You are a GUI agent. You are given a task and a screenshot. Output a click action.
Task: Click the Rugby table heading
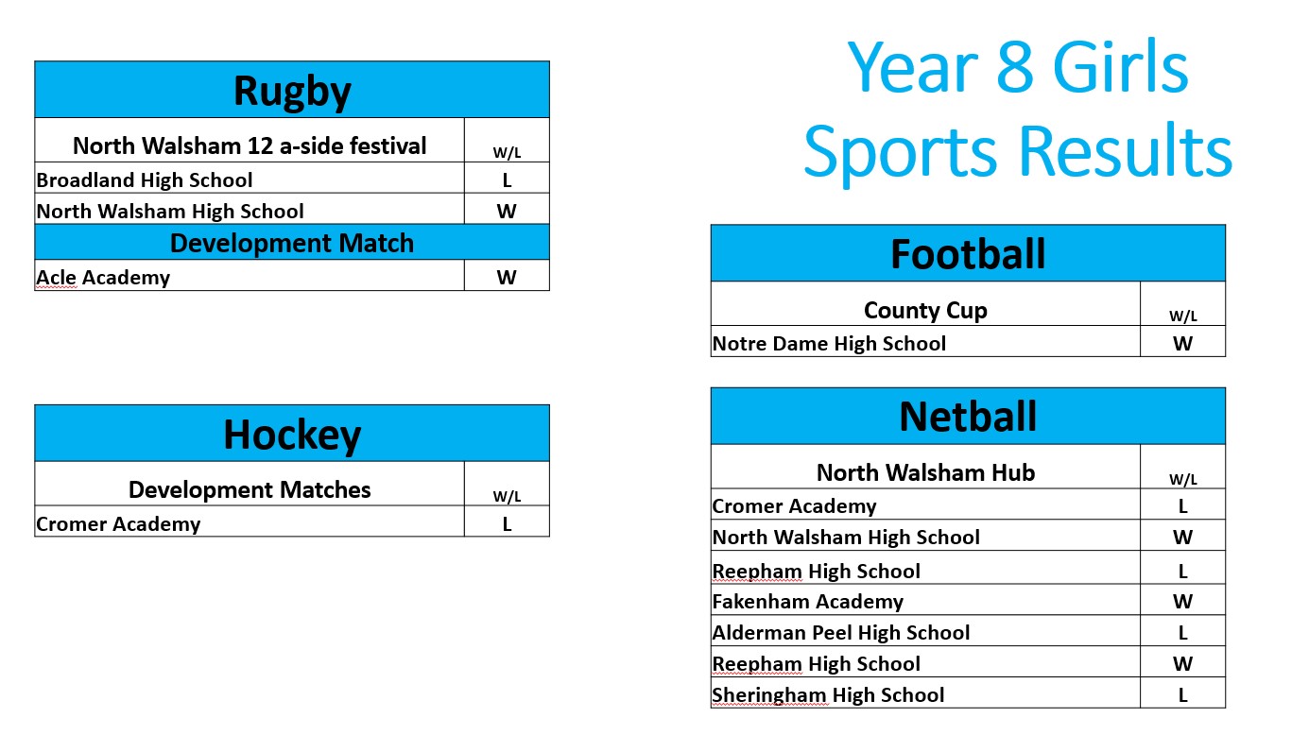292,92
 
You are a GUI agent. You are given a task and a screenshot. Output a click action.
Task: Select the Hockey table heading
292,435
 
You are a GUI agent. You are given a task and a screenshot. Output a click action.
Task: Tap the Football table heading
968,254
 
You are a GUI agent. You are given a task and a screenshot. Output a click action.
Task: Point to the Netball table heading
968,417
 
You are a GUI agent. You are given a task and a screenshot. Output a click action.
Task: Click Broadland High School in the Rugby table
145,179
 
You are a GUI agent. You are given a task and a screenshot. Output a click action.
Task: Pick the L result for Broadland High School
507,180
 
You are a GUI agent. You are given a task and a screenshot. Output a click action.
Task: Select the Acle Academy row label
103,278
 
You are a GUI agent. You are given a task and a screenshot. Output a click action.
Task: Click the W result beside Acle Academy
507,278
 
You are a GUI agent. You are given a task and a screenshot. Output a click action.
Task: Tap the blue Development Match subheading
292,243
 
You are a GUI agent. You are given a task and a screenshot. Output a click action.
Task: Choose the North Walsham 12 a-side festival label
250,145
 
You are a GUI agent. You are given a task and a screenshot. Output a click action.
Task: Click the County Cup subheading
925,311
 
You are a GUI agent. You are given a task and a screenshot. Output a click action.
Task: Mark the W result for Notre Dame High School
1182,344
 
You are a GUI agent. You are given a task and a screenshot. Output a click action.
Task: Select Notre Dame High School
829,344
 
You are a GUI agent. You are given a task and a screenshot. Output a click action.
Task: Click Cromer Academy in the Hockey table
118,524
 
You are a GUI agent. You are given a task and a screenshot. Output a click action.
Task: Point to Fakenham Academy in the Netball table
807,602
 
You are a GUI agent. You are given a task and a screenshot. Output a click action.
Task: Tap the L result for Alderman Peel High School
1182,633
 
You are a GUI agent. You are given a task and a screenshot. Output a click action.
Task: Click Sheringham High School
828,695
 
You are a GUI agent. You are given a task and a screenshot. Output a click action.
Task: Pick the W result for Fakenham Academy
1182,602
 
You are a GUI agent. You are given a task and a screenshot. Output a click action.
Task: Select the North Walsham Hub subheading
925,472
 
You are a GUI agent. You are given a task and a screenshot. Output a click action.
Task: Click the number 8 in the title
1014,66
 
